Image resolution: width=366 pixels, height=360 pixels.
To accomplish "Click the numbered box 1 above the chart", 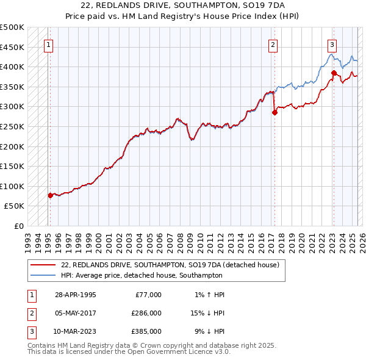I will click(48, 45).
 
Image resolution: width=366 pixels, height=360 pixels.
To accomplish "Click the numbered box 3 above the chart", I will click(332, 45).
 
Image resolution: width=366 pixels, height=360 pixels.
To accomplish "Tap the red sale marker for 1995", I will click(50, 195).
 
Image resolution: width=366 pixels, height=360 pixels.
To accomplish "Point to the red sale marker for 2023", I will click(334, 73).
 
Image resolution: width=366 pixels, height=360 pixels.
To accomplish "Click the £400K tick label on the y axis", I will click(12, 67).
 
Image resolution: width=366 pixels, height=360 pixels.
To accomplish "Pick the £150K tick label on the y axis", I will click(12, 166).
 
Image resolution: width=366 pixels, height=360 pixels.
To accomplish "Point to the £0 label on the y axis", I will click(19, 226).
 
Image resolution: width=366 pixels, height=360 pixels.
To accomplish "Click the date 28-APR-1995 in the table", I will click(75, 295).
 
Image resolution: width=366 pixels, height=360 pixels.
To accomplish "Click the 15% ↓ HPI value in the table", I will click(209, 313).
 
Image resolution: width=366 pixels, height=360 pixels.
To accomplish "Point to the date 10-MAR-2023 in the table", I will click(76, 331).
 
